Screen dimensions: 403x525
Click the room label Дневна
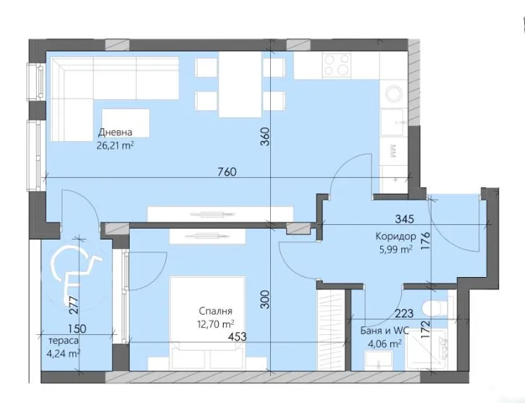click(x=117, y=132)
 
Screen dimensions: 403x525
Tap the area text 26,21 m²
click(x=117, y=144)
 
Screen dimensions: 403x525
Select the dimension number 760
click(x=227, y=172)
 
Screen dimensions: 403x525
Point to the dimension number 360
click(x=265, y=137)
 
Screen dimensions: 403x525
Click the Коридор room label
click(x=395, y=237)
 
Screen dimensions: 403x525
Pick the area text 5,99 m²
click(x=395, y=249)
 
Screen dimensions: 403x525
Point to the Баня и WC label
click(x=384, y=332)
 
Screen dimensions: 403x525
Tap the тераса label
click(x=59, y=341)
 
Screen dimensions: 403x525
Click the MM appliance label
click(x=392, y=151)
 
